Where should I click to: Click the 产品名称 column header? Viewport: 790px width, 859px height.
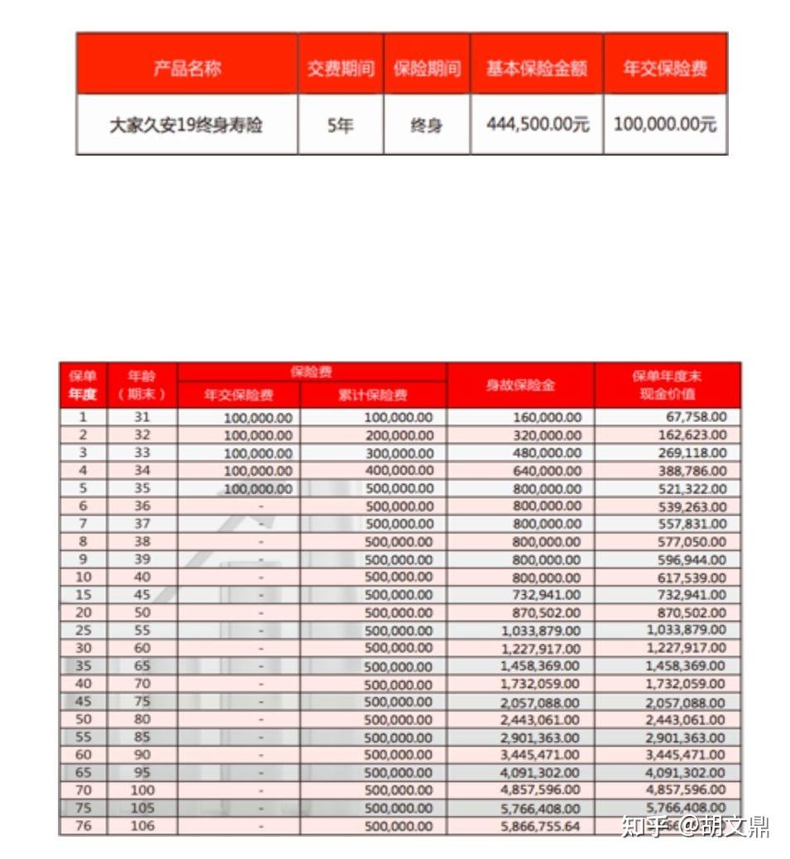tap(187, 69)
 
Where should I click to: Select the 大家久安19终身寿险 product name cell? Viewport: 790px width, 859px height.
tap(186, 126)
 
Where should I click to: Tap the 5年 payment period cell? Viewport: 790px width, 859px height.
tap(340, 126)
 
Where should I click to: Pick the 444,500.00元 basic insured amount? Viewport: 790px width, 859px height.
tap(537, 125)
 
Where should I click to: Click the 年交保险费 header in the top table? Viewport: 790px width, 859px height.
tap(665, 69)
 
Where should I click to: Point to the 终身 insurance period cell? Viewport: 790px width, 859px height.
tap(426, 126)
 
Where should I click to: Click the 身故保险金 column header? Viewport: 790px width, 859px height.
tap(520, 385)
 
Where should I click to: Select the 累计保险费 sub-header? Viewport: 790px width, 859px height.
tap(373, 395)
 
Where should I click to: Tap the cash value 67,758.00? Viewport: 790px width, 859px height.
tap(696, 417)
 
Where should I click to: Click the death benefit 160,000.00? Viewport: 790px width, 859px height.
tap(547, 417)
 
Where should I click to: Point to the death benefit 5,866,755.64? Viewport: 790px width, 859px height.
tap(540, 826)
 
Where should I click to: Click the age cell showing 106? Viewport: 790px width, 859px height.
tap(142, 826)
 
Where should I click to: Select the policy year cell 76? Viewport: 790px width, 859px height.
tap(84, 826)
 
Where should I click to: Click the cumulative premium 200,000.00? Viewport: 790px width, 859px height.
tap(399, 435)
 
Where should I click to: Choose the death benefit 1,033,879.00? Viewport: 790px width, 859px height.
tap(540, 631)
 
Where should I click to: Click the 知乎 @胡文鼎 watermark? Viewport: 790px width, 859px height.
tap(695, 826)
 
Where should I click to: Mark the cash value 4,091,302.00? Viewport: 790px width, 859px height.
tap(686, 772)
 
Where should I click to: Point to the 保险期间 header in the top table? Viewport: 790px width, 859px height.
tap(426, 69)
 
